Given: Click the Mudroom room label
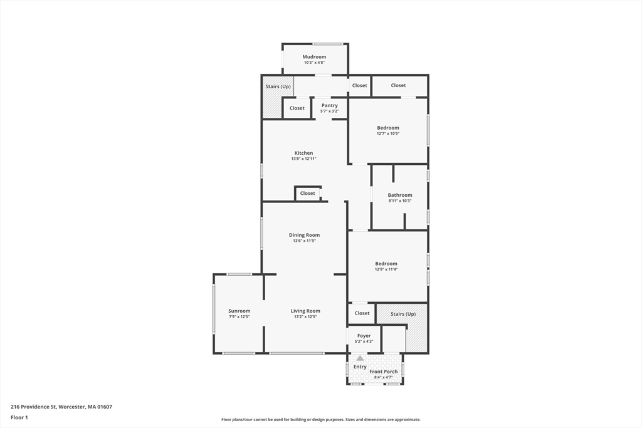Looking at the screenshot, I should (x=314, y=57).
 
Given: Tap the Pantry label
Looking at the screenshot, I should (x=329, y=105).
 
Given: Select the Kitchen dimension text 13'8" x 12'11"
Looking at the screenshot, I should (x=303, y=159).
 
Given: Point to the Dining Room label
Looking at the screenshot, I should (x=304, y=235).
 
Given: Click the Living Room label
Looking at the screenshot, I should (x=305, y=311).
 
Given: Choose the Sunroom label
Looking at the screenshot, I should (x=239, y=311).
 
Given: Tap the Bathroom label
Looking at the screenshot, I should (x=399, y=195).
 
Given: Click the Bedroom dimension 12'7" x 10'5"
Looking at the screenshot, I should (x=387, y=133).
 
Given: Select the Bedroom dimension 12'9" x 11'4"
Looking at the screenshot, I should (x=386, y=269).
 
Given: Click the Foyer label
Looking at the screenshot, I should (x=364, y=336).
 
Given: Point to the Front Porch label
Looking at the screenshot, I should (x=383, y=372).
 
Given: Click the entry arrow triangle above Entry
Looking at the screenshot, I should (x=360, y=358).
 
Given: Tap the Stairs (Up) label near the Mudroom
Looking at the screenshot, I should (x=278, y=86).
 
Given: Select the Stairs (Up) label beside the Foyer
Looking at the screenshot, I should (x=403, y=314).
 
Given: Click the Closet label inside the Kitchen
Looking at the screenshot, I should (x=307, y=193).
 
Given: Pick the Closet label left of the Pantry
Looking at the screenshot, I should (x=297, y=108).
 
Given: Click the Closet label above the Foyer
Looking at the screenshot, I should (x=362, y=313).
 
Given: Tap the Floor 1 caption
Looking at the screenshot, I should (x=20, y=417).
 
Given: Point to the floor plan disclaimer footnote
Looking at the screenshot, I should (x=320, y=420).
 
